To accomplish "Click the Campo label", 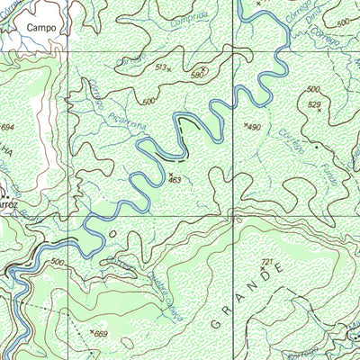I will click(40, 28).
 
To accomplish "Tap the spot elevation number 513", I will click(161, 67).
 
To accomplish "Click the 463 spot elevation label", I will click(175, 181).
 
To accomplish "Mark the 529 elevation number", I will click(314, 104).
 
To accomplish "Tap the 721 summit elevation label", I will click(265, 261).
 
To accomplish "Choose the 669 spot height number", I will click(101, 334).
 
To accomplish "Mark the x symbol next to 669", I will click(93, 332).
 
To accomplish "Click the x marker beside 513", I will click(169, 70).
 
